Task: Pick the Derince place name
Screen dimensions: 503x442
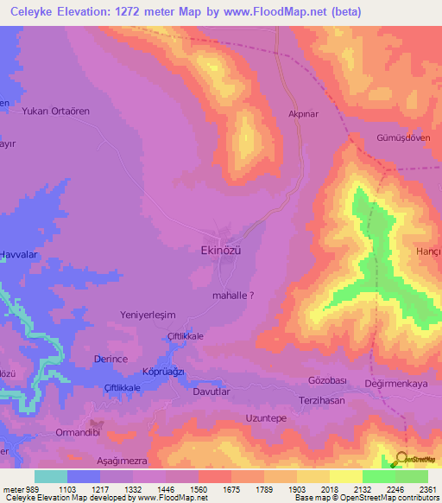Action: [x=110, y=358]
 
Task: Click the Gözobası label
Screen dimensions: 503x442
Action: [x=327, y=381]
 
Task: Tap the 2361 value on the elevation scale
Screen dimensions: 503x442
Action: [x=415, y=488]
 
